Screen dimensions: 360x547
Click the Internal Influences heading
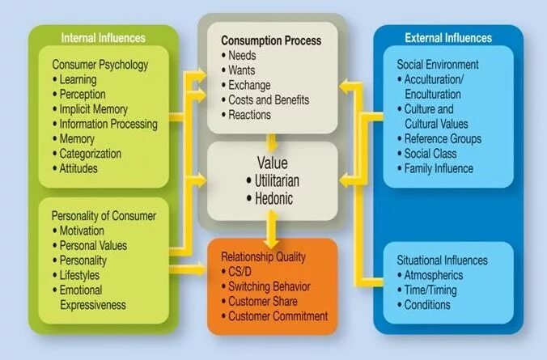103,37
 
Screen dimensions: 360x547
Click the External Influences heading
447,37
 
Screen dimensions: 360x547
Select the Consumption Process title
271,40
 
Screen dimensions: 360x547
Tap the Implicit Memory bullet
95,109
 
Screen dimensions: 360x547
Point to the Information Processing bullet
108,124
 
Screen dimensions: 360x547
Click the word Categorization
90,154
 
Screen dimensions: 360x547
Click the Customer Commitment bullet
278,316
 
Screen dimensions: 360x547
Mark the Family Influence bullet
439,168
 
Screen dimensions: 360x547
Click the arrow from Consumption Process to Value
273,138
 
